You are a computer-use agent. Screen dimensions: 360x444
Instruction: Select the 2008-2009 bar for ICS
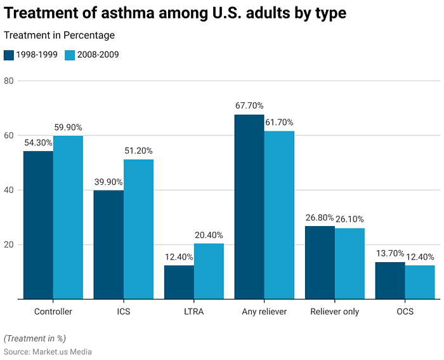point(138,229)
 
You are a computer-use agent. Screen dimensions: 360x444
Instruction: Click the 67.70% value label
point(249,106)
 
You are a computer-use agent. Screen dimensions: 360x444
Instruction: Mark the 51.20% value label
point(138,150)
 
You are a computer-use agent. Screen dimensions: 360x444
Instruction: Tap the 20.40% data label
point(209,235)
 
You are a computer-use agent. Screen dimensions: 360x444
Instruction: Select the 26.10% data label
point(349,220)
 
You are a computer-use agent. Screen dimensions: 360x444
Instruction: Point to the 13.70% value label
point(390,253)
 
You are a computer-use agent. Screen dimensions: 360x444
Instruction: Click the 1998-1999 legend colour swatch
point(9,55)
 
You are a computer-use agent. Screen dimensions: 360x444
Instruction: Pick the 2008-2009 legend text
point(98,55)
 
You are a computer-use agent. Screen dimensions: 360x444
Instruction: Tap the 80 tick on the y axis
point(8,81)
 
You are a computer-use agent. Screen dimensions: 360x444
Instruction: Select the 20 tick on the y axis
point(8,245)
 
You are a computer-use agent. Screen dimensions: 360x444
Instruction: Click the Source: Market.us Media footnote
point(48,351)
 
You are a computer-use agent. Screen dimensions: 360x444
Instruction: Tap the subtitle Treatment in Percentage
point(60,36)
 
